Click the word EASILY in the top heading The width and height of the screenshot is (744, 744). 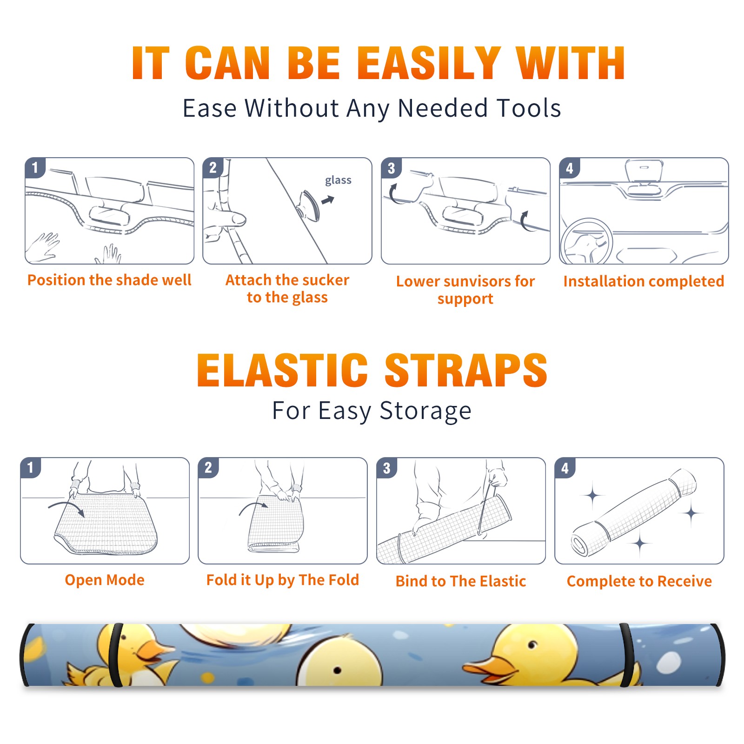click(429, 63)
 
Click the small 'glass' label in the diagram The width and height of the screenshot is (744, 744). click(338, 180)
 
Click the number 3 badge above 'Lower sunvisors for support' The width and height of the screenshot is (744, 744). click(391, 168)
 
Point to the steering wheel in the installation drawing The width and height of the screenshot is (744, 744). click(586, 242)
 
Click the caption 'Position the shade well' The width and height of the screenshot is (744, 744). click(109, 280)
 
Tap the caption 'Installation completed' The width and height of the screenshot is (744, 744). click(644, 281)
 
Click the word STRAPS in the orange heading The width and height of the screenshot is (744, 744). click(466, 370)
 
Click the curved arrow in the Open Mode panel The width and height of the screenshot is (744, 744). click(66, 508)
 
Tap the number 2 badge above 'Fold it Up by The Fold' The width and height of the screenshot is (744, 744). click(208, 468)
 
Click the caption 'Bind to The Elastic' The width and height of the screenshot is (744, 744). click(461, 581)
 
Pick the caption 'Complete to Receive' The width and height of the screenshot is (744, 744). click(639, 581)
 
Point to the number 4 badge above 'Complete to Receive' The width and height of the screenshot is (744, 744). click(565, 468)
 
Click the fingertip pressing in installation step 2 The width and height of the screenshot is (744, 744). click(238, 219)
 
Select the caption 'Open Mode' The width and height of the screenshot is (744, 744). click(105, 580)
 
